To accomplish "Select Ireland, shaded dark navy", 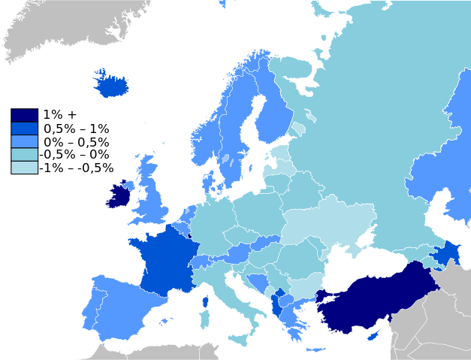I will pyautogui.click(x=118, y=196).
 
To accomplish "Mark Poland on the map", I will pyautogui.click(x=259, y=210).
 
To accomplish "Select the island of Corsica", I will pyautogui.click(x=204, y=301).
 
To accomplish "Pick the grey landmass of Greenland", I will pyautogui.click(x=60, y=30).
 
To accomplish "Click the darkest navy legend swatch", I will pyautogui.click(x=24, y=115).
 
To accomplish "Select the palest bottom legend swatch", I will pyautogui.click(x=24, y=167).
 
